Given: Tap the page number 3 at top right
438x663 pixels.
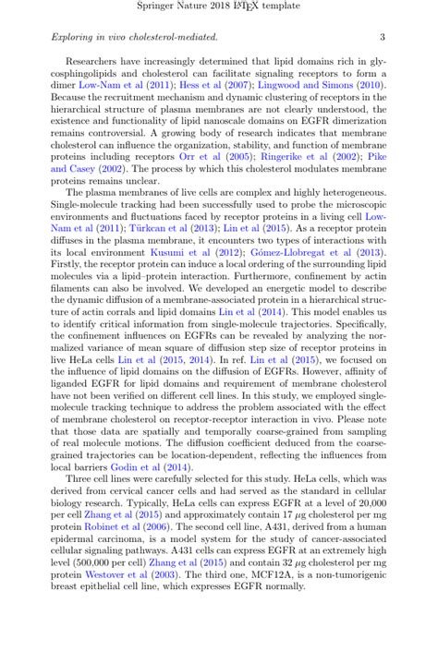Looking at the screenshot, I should (383, 38).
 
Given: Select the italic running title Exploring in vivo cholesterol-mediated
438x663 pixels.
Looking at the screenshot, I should (134, 38).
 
